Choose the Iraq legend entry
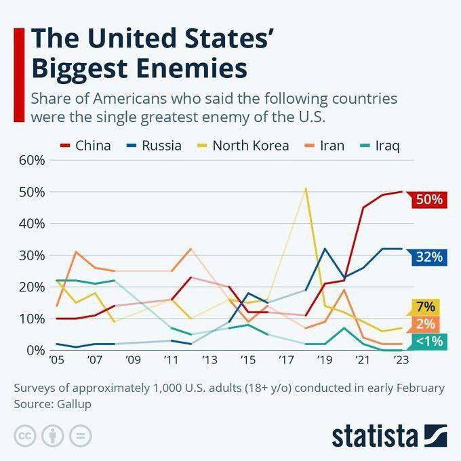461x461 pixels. click(x=381, y=145)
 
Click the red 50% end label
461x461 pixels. click(x=428, y=200)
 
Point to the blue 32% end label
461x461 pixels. click(x=428, y=256)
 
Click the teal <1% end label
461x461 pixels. click(x=428, y=340)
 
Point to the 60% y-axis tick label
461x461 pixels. click(x=33, y=161)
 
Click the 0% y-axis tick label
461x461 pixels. click(x=36, y=350)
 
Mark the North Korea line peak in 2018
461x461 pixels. click(x=306, y=188)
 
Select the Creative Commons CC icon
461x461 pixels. click(x=25, y=435)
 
